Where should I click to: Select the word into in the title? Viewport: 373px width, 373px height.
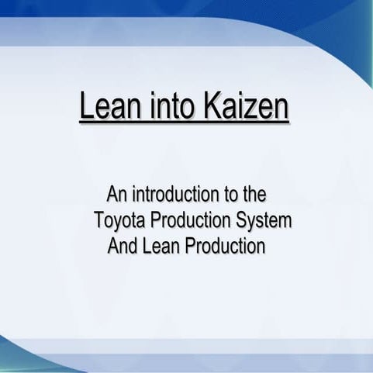[x=168, y=109]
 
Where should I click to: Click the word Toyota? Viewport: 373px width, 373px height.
[x=119, y=220]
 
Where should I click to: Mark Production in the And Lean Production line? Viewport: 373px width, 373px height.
[x=225, y=247]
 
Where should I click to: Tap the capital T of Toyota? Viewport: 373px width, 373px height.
[x=98, y=220]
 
